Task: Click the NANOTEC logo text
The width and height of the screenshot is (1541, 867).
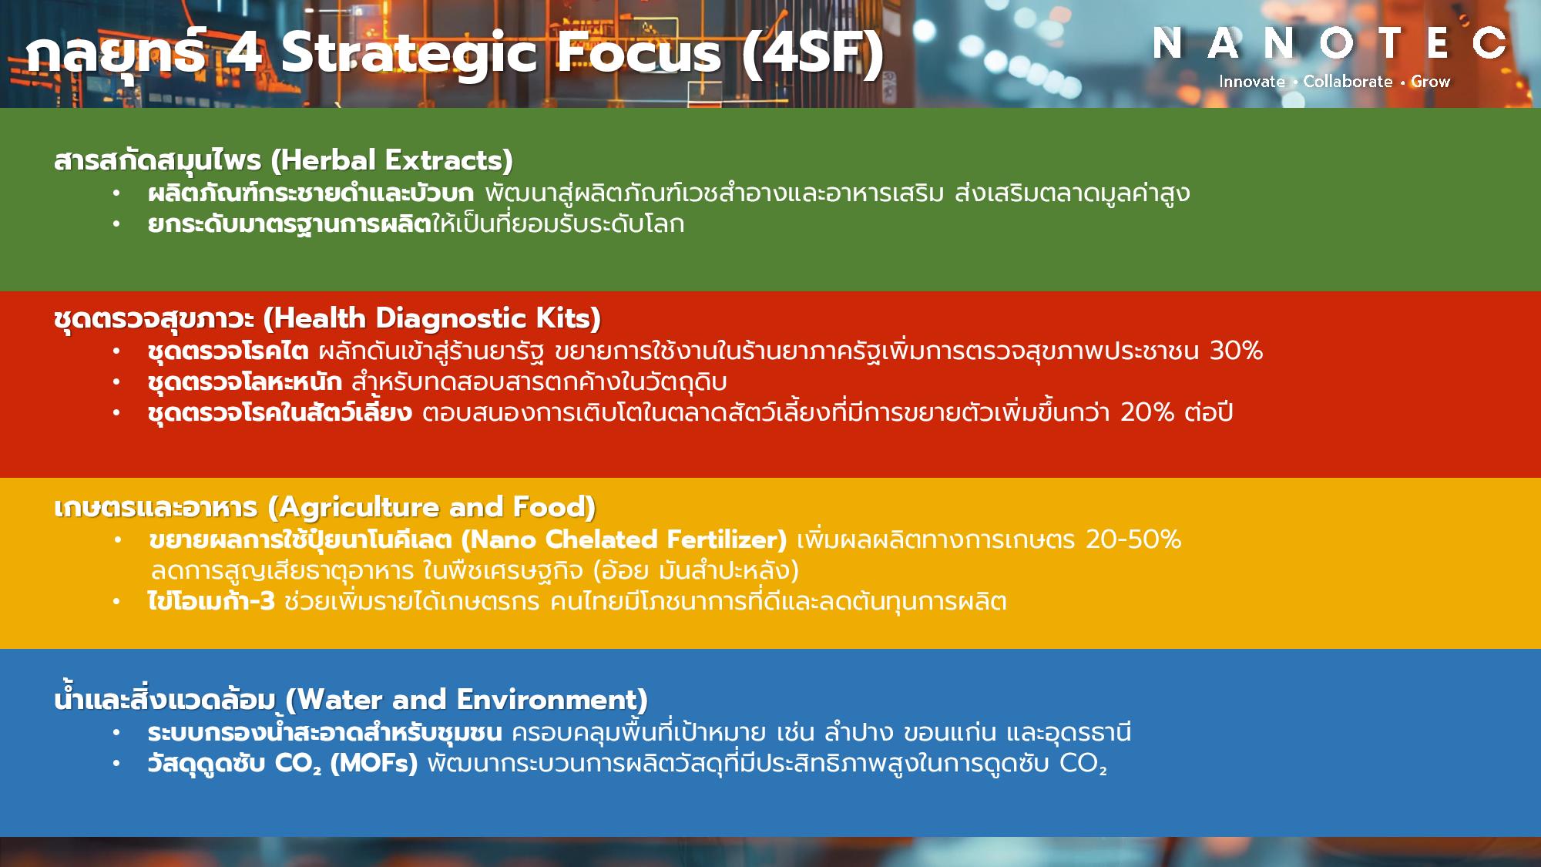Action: coord(1329,43)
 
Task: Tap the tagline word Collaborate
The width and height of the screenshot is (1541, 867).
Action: coord(1348,82)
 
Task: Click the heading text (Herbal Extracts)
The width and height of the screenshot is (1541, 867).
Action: coord(391,160)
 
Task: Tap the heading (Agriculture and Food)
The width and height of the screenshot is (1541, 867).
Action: coord(431,507)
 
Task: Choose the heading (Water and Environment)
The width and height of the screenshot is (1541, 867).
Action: coord(466,700)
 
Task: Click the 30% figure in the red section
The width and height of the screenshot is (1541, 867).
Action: coord(1236,351)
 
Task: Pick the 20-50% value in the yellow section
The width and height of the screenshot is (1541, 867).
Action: coord(1133,539)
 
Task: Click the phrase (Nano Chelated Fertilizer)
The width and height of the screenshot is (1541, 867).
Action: coord(628,539)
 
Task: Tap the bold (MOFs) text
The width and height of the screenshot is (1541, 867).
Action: coord(374,764)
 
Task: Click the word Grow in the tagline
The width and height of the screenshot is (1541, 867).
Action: coord(1430,82)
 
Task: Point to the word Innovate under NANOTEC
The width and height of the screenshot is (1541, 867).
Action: coord(1252,82)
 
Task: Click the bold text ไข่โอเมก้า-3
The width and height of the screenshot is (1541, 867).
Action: coord(211,600)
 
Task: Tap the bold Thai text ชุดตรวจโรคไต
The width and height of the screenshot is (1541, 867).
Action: coord(228,351)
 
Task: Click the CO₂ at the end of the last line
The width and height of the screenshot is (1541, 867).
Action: coord(1083,764)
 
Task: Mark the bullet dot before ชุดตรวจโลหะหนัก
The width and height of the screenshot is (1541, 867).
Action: coord(116,381)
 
